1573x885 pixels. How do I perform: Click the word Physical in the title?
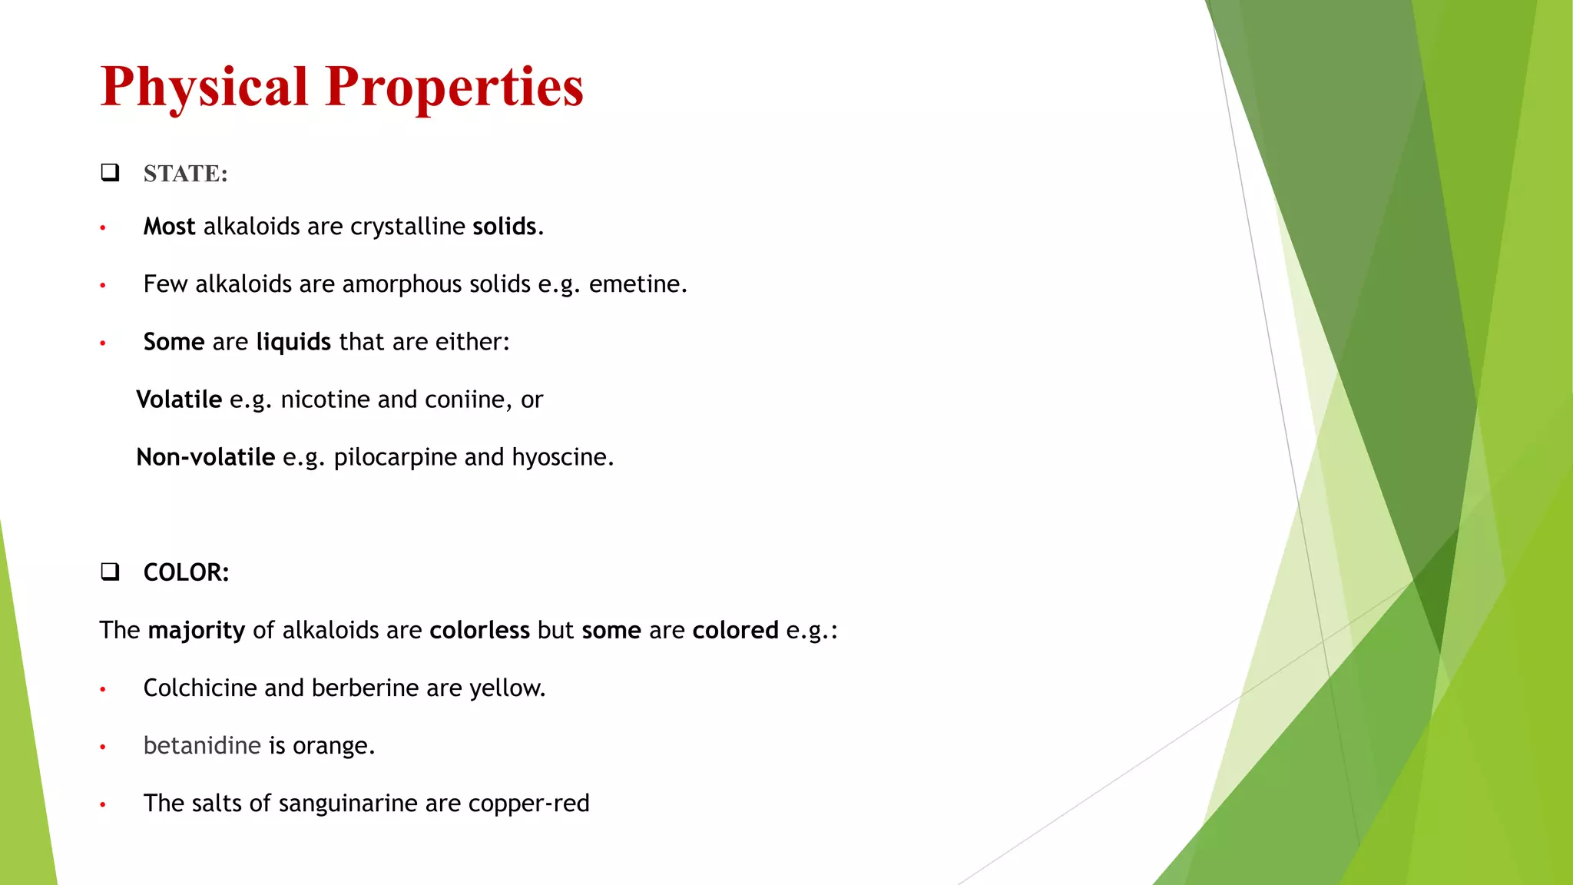coord(204,87)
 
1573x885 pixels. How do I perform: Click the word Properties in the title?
coord(454,87)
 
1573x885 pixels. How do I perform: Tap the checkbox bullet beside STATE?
coord(110,172)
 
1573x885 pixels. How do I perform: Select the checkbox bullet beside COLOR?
coord(110,572)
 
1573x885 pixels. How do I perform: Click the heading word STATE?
coord(186,174)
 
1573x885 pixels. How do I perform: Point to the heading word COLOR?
coord(186,572)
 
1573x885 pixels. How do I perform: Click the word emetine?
coord(637,284)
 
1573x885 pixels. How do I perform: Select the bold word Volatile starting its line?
coord(179,399)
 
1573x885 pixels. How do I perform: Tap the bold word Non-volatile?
coord(205,457)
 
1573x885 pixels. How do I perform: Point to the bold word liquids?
coord(293,342)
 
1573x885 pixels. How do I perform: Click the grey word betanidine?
coord(202,745)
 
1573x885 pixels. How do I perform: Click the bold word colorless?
coord(479,630)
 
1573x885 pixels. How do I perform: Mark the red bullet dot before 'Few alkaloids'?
coord(102,286)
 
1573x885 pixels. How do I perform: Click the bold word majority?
coord(196,631)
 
